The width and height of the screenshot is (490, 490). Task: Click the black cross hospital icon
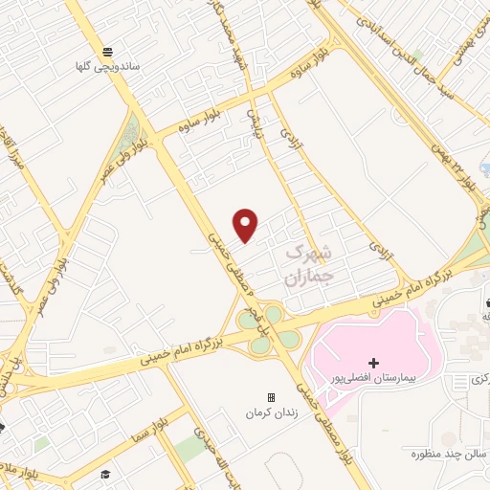[x=373, y=363]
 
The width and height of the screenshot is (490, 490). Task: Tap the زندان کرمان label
[x=270, y=413]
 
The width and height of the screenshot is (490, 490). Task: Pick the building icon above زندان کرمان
[x=270, y=397]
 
